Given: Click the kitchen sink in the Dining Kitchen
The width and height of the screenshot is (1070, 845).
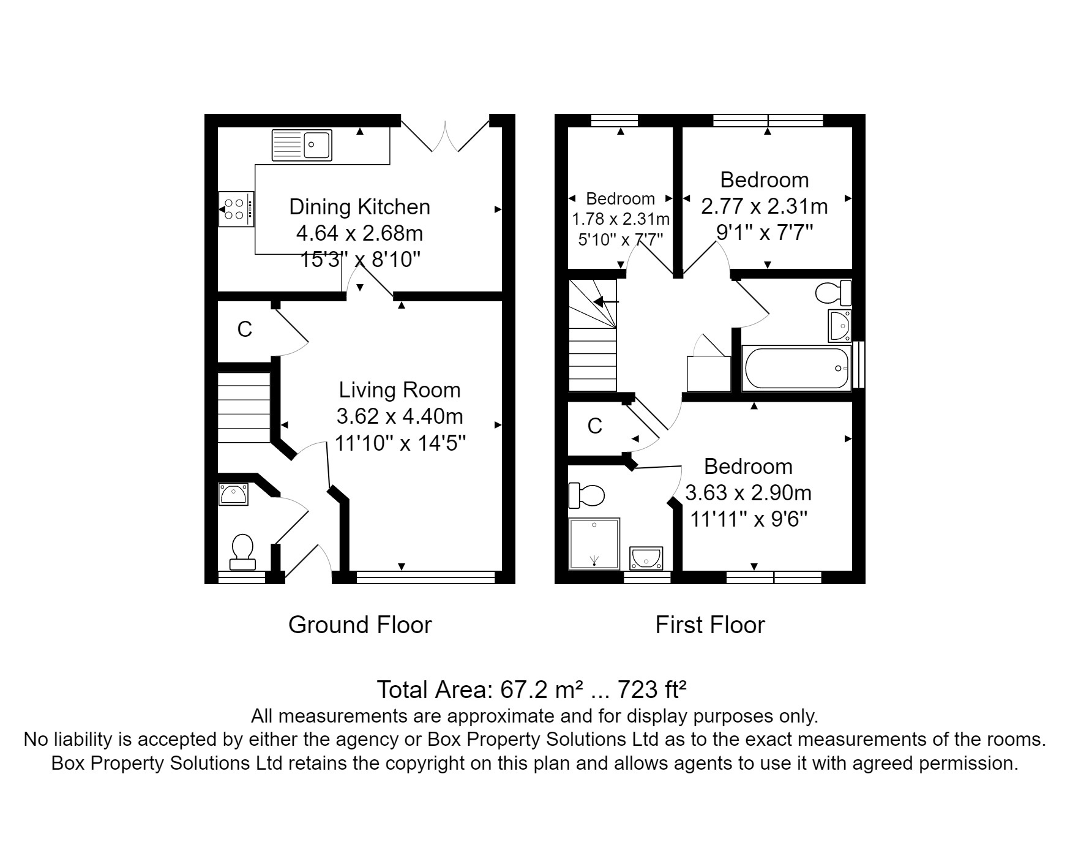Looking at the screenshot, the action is tap(302, 145).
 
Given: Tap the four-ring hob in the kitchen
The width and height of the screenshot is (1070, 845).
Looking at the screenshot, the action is tap(236, 208).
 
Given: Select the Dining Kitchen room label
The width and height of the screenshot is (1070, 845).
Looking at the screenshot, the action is tap(359, 207).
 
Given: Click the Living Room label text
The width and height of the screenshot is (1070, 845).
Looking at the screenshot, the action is tap(400, 390).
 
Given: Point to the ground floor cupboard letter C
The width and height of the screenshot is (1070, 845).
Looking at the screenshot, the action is tap(245, 329).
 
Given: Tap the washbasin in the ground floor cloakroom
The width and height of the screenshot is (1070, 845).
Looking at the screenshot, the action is tap(234, 494).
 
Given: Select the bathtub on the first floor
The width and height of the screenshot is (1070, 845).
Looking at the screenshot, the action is tap(796, 368).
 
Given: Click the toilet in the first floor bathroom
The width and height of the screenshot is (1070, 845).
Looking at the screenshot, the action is tap(834, 293).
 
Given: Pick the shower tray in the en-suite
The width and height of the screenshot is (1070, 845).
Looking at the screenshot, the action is tap(594, 544).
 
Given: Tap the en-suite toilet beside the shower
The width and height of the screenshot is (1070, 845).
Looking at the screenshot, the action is tap(586, 495).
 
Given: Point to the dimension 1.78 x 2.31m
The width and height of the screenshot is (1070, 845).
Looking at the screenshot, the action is tap(621, 219).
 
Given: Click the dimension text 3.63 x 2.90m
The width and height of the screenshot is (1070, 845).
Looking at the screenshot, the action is tap(749, 493).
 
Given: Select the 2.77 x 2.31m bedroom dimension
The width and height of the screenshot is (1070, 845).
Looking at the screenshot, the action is tap(765, 206).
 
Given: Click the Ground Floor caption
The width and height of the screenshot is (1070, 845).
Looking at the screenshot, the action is tap(360, 625).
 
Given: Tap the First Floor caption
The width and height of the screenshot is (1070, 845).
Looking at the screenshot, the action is tap(710, 625).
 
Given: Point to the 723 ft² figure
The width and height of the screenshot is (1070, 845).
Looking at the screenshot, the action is tap(652, 690).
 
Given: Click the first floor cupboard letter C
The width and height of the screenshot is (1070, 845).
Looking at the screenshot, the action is tap(595, 426).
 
